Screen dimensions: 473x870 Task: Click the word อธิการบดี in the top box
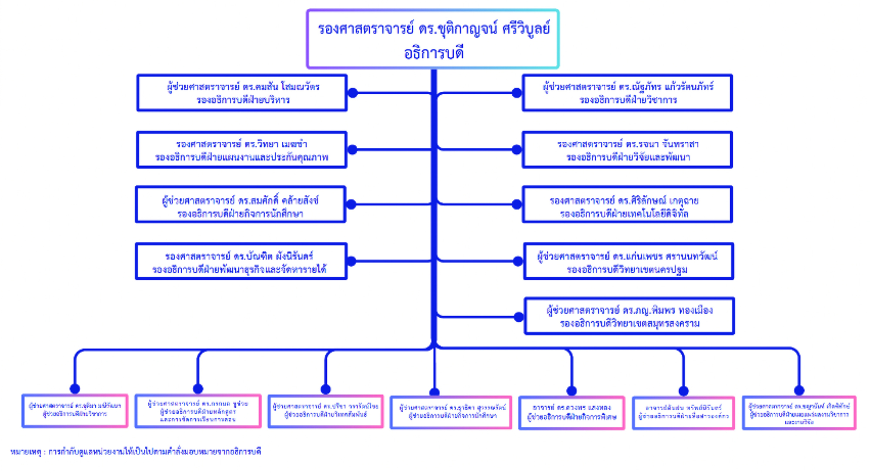(434, 53)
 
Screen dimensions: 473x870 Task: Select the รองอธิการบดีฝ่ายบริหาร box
(242, 93)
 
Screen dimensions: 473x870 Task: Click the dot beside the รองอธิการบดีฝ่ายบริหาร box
(353, 93)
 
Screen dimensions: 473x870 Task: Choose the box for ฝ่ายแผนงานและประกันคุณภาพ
(241, 150)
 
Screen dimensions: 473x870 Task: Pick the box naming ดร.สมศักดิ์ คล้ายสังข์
(241, 205)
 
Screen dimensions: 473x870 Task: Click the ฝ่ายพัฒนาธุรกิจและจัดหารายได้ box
(241, 262)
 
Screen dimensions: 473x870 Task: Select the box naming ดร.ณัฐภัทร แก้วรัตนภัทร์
(627, 93)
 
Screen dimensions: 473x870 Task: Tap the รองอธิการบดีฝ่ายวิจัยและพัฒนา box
(627, 150)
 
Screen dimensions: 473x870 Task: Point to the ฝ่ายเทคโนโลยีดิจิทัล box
(627, 205)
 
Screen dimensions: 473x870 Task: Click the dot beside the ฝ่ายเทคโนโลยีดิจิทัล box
(517, 204)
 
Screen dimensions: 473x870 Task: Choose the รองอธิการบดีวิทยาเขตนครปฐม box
(629, 262)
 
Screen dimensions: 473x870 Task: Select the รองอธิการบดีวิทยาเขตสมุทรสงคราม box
(629, 316)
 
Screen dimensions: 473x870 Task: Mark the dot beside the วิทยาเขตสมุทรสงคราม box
(519, 317)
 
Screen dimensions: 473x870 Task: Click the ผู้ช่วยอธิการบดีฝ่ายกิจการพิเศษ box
(572, 413)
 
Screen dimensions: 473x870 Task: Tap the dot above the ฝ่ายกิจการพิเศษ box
(572, 391)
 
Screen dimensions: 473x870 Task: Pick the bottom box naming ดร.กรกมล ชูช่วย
(198, 411)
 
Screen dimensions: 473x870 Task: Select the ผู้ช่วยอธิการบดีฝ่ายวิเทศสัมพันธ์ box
(325, 411)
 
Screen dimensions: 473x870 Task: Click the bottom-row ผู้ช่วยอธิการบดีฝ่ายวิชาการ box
(75, 411)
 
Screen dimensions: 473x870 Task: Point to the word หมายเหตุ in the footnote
(25, 452)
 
